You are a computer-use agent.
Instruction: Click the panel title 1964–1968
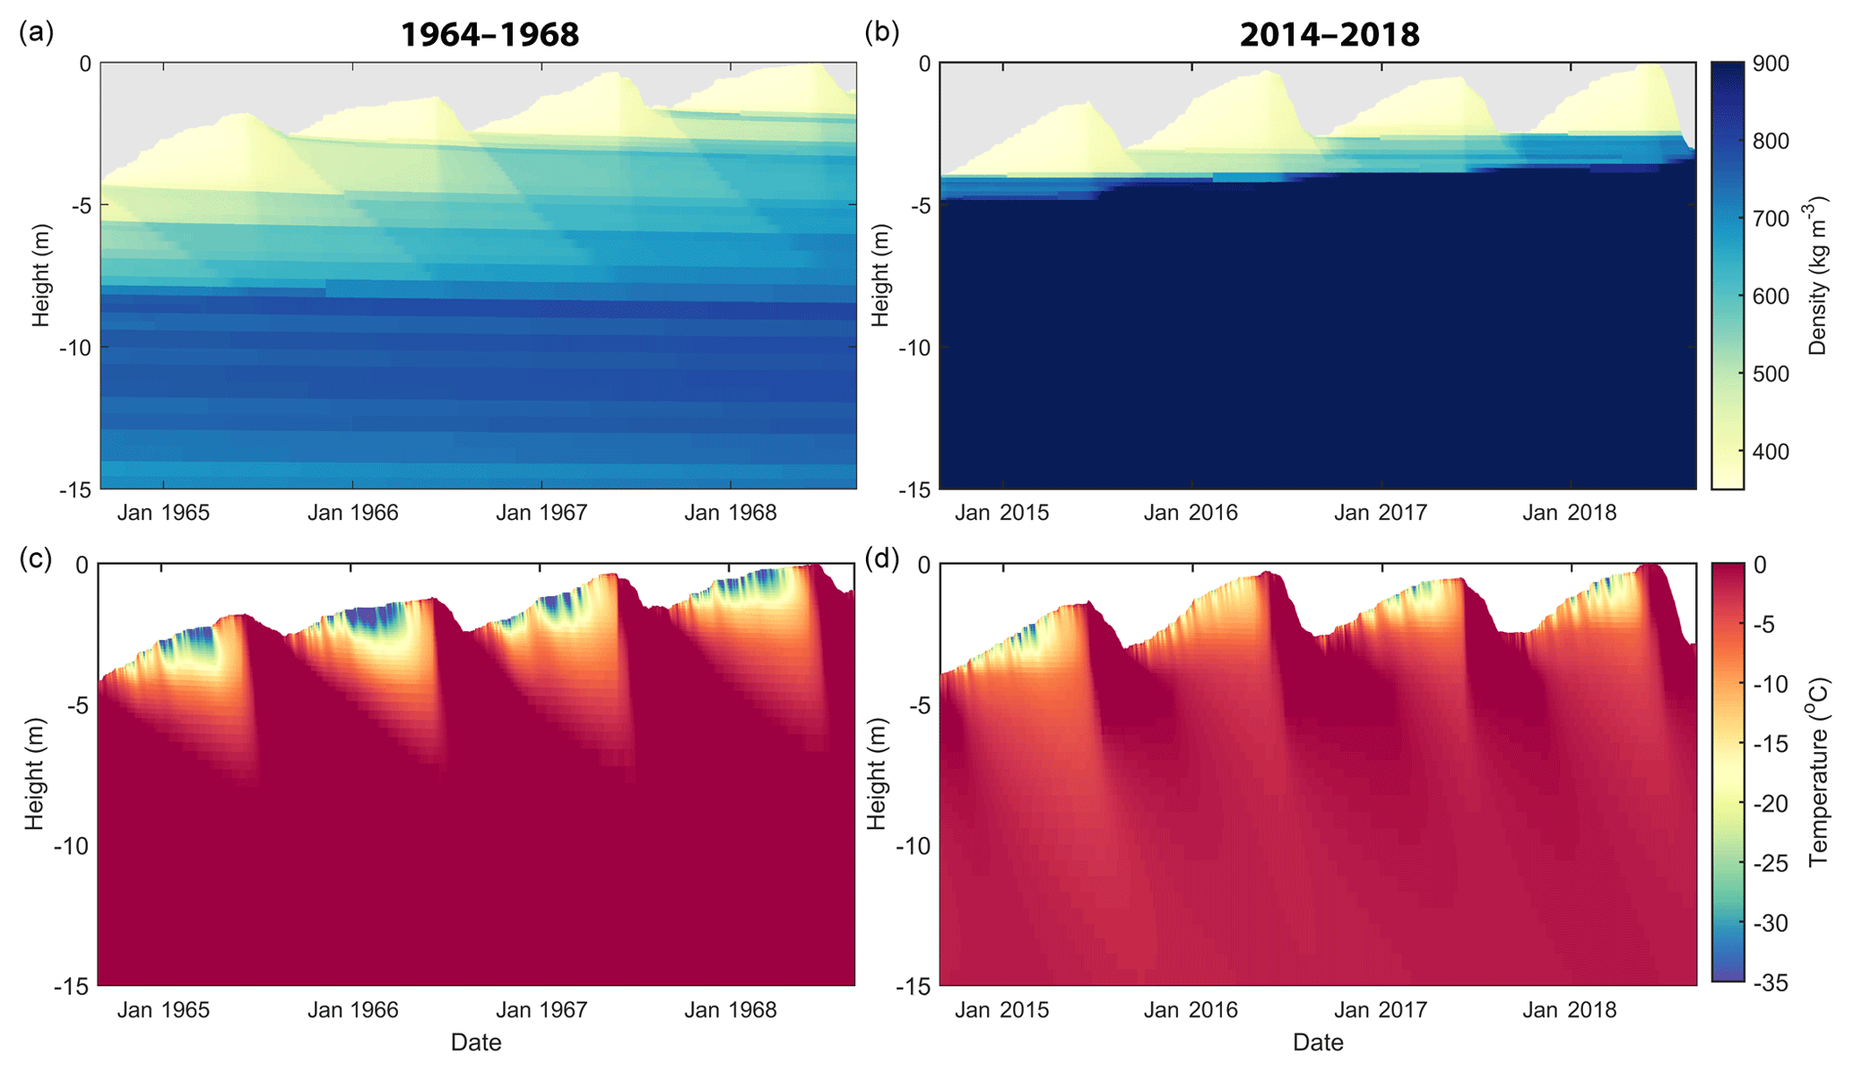click(489, 35)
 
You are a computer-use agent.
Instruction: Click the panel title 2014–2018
click(1329, 35)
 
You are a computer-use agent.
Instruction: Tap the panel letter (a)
click(36, 32)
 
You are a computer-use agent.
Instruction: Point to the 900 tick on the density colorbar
click(1771, 65)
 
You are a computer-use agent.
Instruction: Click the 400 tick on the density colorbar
click(1771, 452)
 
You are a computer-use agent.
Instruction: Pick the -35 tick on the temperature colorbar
click(1770, 983)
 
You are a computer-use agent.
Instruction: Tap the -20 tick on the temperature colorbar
click(1770, 804)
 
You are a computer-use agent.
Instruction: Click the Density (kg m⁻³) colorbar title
click(1818, 278)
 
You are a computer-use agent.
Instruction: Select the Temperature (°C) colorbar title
click(1818, 773)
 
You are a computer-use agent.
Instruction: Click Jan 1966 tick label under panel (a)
click(352, 513)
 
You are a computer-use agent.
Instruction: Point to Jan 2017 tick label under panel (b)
click(1381, 513)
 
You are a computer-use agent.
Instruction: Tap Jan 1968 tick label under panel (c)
click(731, 1010)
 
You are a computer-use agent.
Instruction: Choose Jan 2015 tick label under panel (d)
click(1001, 1010)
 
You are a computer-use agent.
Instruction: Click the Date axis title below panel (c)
click(476, 1042)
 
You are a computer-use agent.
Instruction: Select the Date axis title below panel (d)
click(1318, 1042)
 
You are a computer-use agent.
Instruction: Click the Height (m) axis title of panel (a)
click(41, 276)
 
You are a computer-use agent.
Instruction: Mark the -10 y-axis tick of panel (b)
click(914, 348)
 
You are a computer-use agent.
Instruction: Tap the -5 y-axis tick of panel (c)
click(76, 705)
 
